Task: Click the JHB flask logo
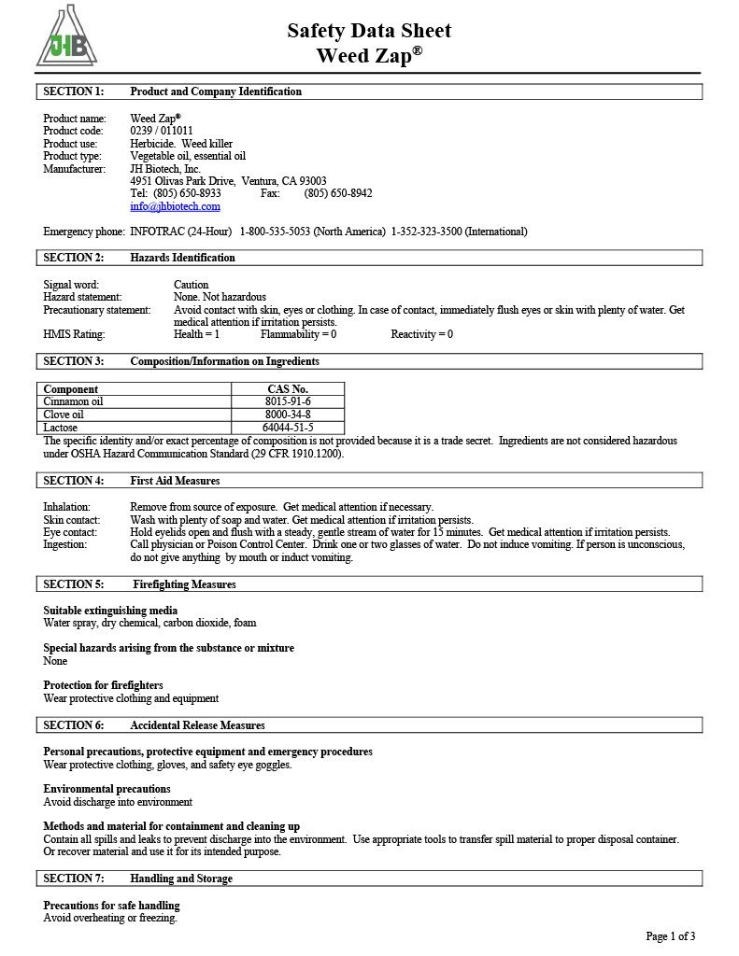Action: click(66, 37)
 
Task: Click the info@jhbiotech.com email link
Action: click(175, 206)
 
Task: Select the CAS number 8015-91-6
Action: click(288, 401)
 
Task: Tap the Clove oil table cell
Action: click(135, 415)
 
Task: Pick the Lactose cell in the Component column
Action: click(135, 428)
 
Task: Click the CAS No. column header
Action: click(288, 388)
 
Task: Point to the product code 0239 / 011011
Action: click(162, 131)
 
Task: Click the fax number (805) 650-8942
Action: click(338, 193)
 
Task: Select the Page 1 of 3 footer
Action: click(670, 936)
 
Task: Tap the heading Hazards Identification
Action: click(182, 258)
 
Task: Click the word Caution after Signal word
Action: click(191, 285)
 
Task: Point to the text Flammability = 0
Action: click(298, 334)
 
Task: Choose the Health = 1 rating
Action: click(196, 334)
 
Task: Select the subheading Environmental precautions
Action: click(107, 789)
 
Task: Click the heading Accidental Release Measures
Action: click(197, 725)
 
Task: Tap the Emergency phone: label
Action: click(83, 232)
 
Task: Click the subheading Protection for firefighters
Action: click(103, 685)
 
